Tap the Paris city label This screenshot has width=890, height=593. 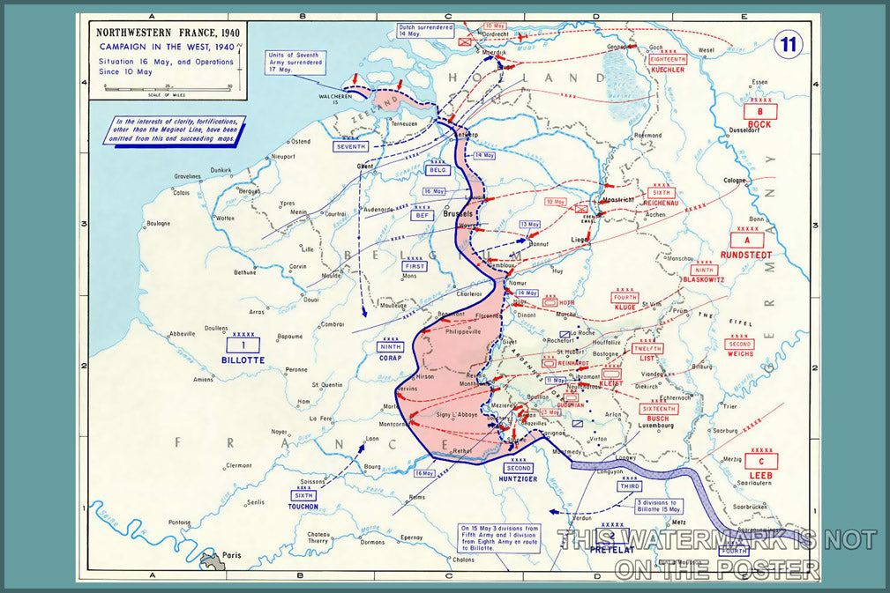(x=233, y=556)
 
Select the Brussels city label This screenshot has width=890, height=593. (x=458, y=213)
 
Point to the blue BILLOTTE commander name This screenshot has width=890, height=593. (x=243, y=360)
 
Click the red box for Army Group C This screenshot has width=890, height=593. (x=760, y=461)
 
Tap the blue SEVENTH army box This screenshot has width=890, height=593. (x=350, y=146)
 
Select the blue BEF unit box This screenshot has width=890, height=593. (x=422, y=215)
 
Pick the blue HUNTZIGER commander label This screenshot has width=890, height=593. (x=519, y=479)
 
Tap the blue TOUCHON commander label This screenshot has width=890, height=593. (x=303, y=507)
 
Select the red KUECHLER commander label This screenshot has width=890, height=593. (x=668, y=70)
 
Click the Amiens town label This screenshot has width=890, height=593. (x=205, y=379)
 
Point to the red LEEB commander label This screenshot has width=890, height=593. (x=760, y=476)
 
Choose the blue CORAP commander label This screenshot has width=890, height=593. (x=390, y=358)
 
